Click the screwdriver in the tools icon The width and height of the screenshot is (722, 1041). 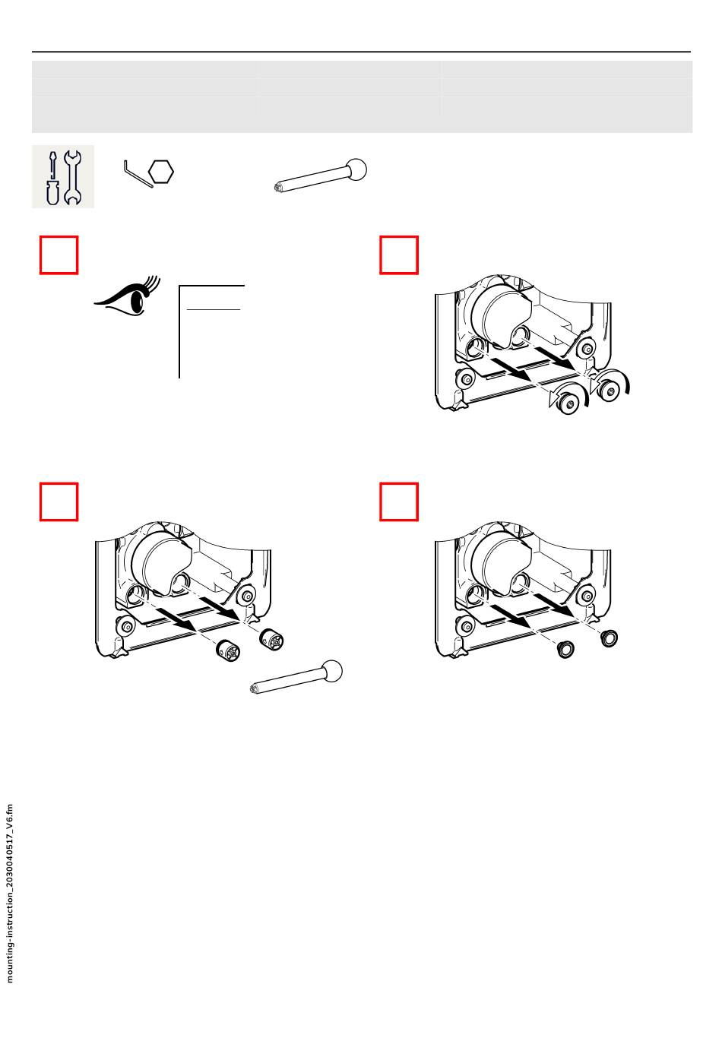[52, 179]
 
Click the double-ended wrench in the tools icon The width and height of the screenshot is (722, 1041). [72, 178]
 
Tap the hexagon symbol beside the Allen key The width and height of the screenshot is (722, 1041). [161, 172]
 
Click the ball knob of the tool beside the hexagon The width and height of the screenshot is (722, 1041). [356, 169]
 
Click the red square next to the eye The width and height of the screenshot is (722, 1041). [59, 255]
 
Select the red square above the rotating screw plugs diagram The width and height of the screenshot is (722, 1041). [399, 255]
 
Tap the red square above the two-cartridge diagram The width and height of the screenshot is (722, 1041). [59, 502]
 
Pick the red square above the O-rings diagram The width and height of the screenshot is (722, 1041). [399, 502]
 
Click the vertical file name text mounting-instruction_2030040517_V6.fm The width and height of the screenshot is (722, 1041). [10, 894]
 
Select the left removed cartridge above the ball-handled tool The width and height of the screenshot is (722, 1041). [228, 650]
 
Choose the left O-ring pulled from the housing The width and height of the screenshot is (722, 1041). [565, 649]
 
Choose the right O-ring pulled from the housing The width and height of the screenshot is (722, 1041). [609, 638]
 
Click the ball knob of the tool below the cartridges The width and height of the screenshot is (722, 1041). [331, 672]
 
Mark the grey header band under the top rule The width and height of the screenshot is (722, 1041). [363, 97]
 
